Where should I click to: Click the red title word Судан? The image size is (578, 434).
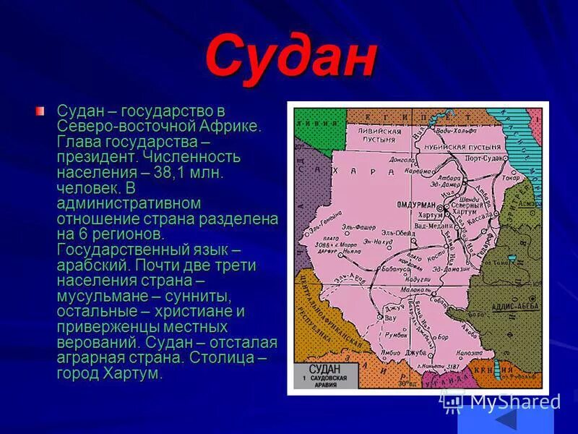[x=290, y=57]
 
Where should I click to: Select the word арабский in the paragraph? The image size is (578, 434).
[x=89, y=265]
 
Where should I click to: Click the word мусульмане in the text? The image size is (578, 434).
[x=100, y=296]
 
